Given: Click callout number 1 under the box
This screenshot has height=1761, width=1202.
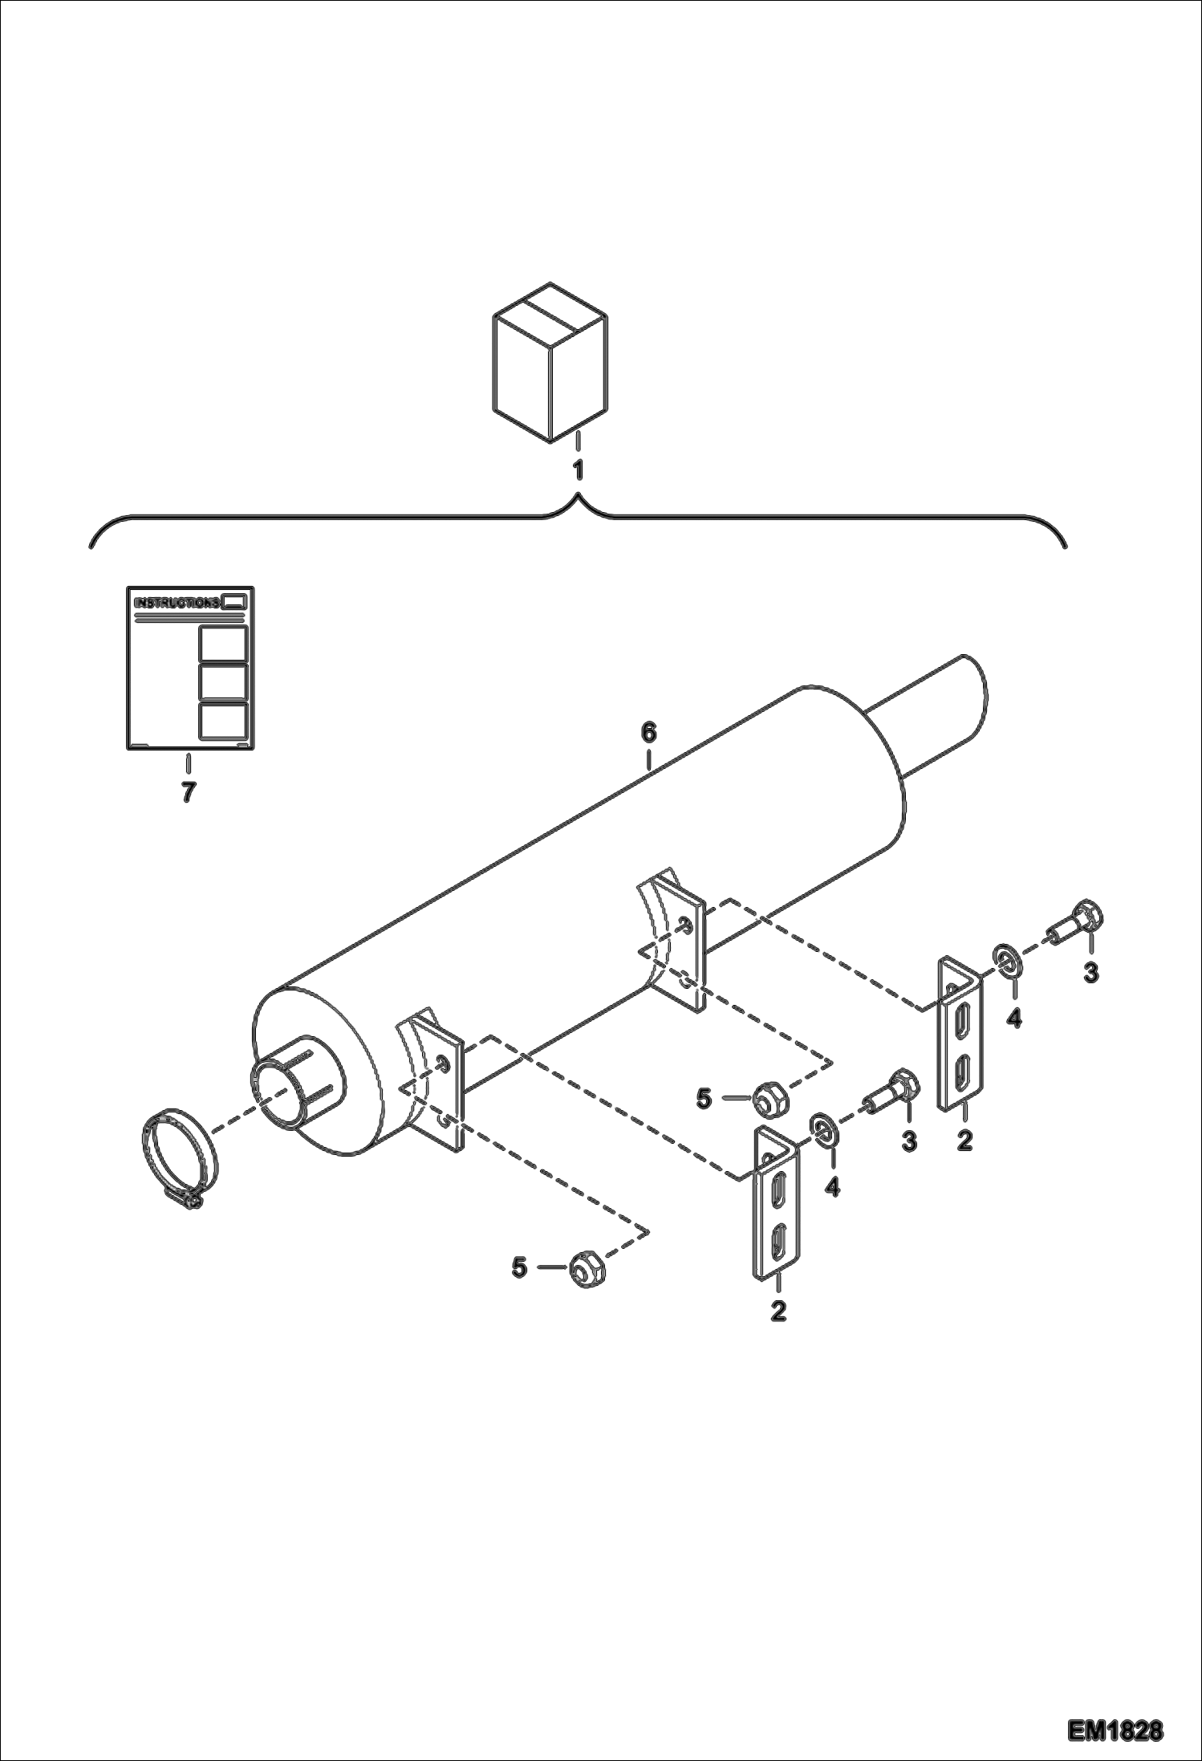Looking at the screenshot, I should [x=578, y=470].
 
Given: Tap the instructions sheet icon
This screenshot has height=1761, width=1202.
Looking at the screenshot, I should [x=190, y=669].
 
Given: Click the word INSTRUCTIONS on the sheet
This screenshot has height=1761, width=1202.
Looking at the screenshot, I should [x=177, y=603].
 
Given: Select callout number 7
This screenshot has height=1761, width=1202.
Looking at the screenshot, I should [x=188, y=792].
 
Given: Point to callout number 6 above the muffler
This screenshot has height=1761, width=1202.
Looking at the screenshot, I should [x=648, y=732].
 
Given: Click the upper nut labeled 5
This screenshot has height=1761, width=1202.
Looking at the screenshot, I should [x=771, y=1098].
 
